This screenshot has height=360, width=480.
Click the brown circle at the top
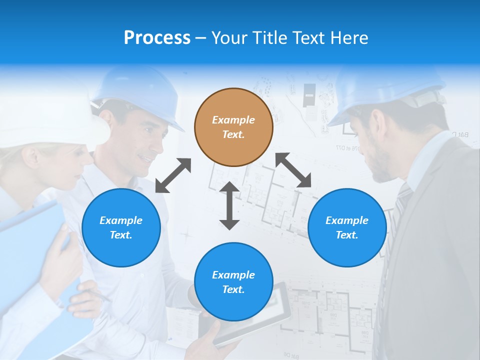233,127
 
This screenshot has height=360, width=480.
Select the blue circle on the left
121,227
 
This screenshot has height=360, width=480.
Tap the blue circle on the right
347,227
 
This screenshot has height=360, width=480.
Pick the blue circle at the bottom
233,282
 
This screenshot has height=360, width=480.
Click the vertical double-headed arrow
229,205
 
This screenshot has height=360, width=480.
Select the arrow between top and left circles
173,175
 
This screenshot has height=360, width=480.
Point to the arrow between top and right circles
293,170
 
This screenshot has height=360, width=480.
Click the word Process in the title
157,37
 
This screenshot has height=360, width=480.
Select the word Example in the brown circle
233,120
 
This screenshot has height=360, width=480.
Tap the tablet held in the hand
255,315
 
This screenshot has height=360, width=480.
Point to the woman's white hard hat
55,120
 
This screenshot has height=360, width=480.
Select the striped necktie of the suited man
400,210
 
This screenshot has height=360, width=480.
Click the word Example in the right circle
347,220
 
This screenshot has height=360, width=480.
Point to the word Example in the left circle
121,220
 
